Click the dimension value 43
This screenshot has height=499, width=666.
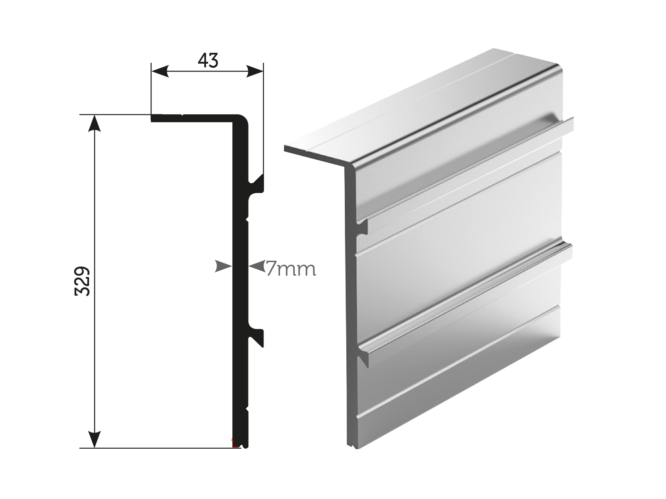[x=208, y=61]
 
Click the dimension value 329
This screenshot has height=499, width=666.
[x=83, y=281]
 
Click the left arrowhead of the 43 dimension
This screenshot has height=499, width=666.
[x=160, y=71]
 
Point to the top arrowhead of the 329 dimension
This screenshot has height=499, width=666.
[x=95, y=123]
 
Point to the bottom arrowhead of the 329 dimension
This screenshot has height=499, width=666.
[x=95, y=439]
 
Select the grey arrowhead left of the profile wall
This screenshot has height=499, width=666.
[x=223, y=267]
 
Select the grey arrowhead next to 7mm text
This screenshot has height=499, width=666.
[x=257, y=267]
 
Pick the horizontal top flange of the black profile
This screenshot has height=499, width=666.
[x=191, y=118]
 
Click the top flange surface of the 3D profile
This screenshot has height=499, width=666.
[x=416, y=104]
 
